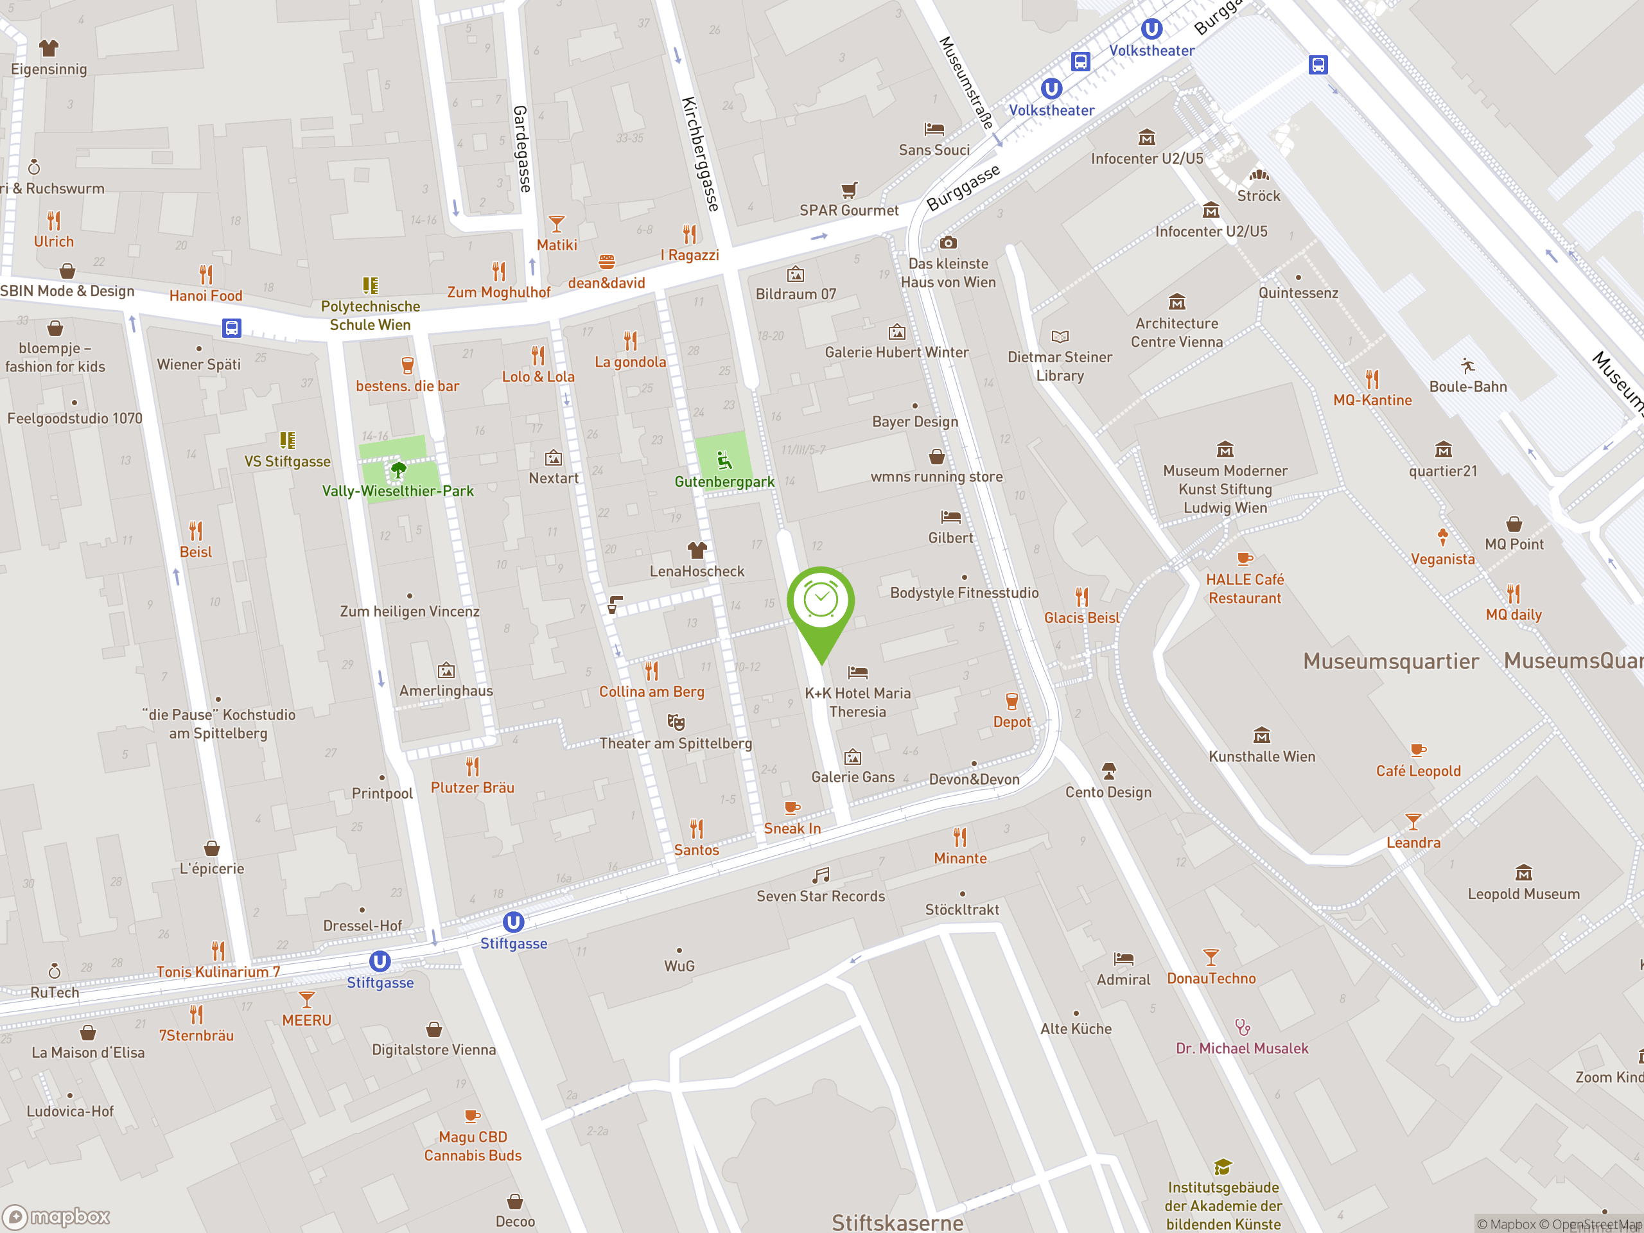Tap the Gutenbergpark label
(x=724, y=482)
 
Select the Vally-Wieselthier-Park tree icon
(x=398, y=469)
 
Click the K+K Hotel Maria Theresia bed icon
(x=858, y=672)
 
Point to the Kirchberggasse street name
(x=700, y=154)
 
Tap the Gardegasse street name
(x=521, y=148)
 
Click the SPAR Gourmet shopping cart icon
(x=849, y=189)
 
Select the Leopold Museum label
(x=1523, y=894)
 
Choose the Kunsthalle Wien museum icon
(x=1261, y=736)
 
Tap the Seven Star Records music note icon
(x=821, y=875)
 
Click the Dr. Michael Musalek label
(x=1241, y=1048)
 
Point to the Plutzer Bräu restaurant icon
(x=473, y=766)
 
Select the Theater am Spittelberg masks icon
(x=676, y=722)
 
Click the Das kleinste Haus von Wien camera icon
(x=948, y=243)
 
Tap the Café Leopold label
(x=1417, y=771)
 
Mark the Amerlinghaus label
(x=446, y=690)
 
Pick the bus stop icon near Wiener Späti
(x=232, y=328)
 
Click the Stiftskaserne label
(x=897, y=1223)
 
